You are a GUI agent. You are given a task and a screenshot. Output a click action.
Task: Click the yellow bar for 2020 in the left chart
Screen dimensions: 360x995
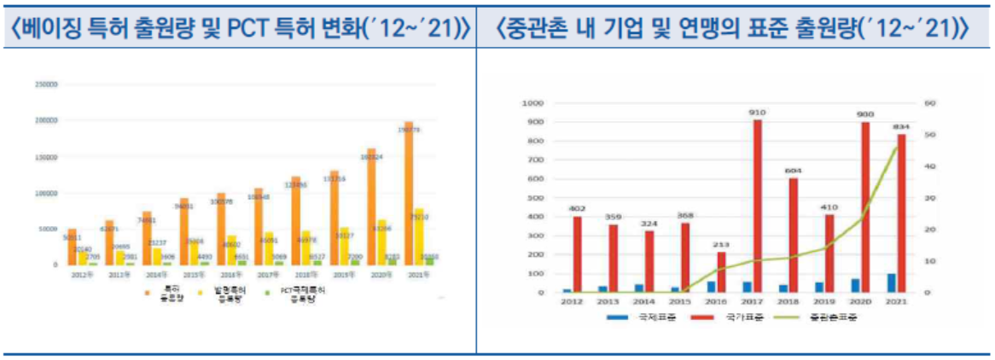381,243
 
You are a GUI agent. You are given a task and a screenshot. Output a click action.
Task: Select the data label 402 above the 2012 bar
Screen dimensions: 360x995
577,208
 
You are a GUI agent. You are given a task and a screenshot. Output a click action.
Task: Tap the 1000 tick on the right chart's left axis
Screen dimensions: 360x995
532,103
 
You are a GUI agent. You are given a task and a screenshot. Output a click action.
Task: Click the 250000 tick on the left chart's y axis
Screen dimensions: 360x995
45,84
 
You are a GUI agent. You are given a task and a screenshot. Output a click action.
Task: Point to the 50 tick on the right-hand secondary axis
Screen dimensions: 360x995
930,135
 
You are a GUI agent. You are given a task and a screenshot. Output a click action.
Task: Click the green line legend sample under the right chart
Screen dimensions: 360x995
791,316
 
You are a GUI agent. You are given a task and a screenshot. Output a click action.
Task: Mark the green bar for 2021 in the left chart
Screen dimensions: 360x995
432,259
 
